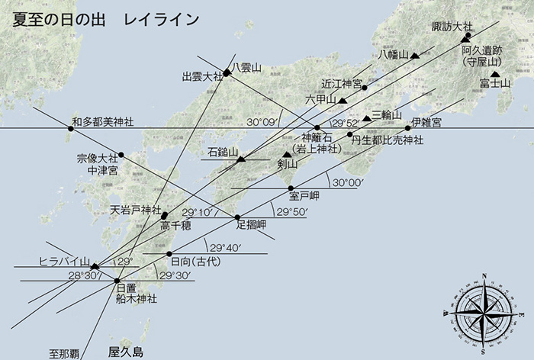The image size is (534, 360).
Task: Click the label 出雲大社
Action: pyautogui.click(x=202, y=76)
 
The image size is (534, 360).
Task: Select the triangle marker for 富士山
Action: pyautogui.click(x=495, y=74)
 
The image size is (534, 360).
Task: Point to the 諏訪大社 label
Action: pyautogui.click(x=452, y=27)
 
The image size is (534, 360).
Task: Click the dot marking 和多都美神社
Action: pyautogui.click(x=71, y=129)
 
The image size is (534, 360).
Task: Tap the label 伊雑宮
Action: pyautogui.click(x=425, y=123)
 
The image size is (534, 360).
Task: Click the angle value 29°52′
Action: pyautogui.click(x=344, y=123)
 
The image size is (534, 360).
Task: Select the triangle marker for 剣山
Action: pyautogui.click(x=287, y=154)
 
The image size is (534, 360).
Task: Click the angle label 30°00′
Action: pyautogui.click(x=346, y=183)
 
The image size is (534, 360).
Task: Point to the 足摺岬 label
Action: pyautogui.click(x=251, y=224)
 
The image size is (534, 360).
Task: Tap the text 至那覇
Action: pyautogui.click(x=65, y=353)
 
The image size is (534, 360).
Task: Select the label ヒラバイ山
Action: pyautogui.click(x=64, y=261)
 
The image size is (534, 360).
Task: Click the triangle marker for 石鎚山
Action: pyautogui.click(x=241, y=159)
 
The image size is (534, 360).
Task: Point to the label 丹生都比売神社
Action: pyautogui.click(x=386, y=140)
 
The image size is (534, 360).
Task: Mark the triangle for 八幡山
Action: pyautogui.click(x=415, y=55)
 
